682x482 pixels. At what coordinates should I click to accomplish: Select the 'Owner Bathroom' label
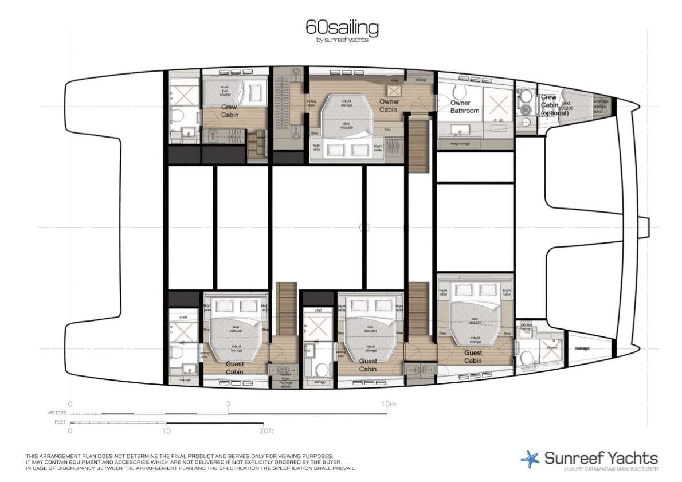[x=464, y=107]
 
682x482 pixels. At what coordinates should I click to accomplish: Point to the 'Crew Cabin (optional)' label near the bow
[x=554, y=105]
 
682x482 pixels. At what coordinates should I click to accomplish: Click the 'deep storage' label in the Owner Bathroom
[x=460, y=144]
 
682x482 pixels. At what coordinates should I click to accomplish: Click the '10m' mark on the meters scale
[x=389, y=403]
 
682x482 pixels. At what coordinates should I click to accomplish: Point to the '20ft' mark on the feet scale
[x=263, y=429]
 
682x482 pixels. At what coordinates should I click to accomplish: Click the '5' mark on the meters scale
[x=229, y=403]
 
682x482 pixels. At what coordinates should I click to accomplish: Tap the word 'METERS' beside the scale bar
[x=58, y=413]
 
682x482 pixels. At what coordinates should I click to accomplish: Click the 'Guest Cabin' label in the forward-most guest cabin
[x=473, y=356]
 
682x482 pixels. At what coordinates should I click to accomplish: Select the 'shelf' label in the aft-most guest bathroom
[x=183, y=316]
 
